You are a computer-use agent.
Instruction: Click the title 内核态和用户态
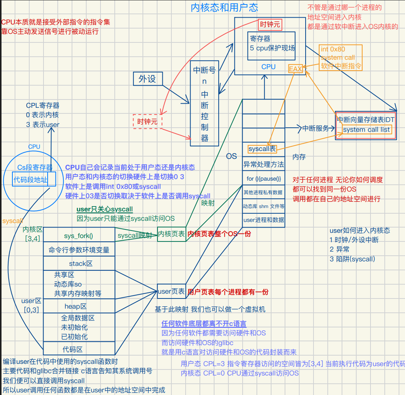tap(224, 8)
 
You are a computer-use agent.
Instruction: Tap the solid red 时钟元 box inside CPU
tap(270, 25)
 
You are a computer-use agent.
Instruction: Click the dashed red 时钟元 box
tap(148, 122)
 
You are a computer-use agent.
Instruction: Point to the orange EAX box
tap(295, 69)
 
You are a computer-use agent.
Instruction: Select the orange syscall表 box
tap(262, 149)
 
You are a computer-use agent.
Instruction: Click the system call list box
tap(366, 130)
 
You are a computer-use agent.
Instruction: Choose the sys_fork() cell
tap(78, 236)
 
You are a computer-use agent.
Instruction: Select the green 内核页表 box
tap(171, 234)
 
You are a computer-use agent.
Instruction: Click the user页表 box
tap(171, 291)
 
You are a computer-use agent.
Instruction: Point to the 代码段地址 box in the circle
tap(31, 180)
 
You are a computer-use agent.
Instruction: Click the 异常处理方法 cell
tap(263, 164)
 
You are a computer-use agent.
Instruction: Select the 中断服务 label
tap(315, 128)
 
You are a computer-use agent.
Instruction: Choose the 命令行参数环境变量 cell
tap(79, 250)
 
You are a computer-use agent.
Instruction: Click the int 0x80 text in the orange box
tap(333, 49)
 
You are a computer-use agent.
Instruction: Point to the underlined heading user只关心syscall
tap(104, 209)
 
